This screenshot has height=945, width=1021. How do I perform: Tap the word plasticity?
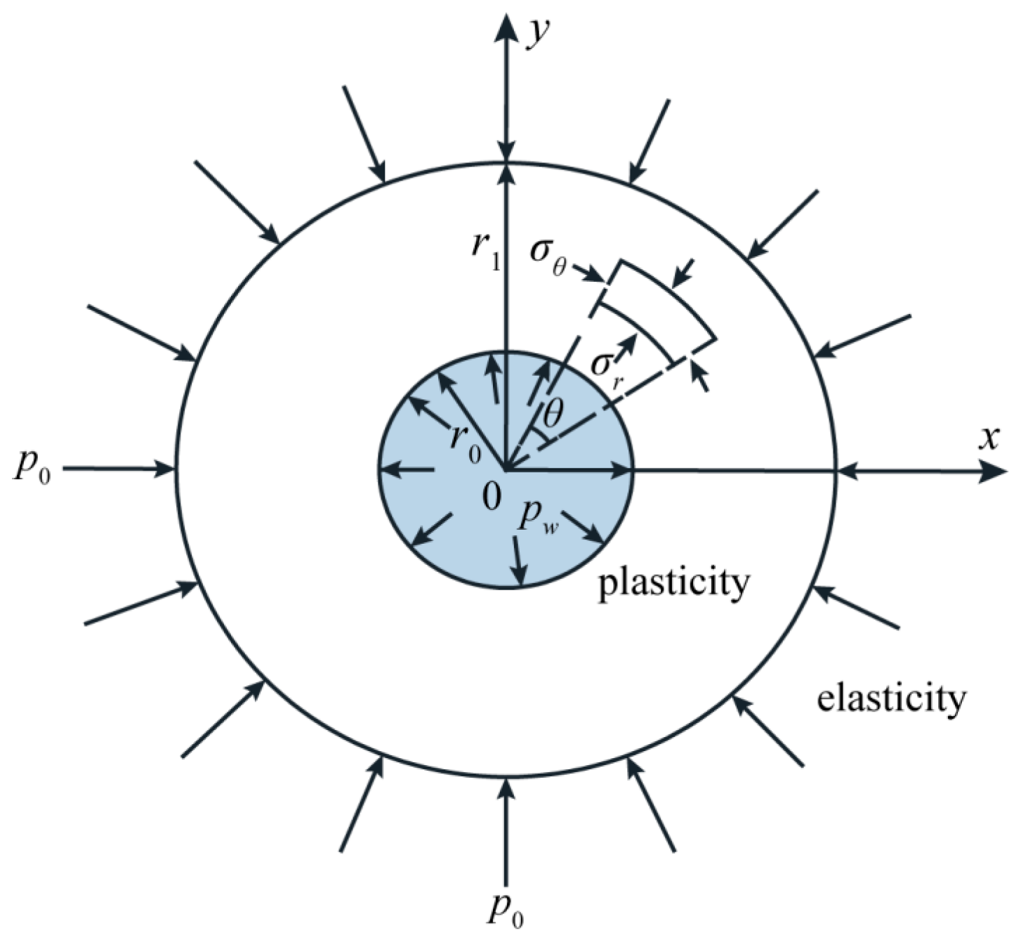(673, 582)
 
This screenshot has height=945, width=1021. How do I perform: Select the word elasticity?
(891, 698)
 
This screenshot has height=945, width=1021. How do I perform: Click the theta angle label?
(553, 416)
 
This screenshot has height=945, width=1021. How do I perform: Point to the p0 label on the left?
(32, 470)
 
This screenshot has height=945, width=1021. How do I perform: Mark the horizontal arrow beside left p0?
(119, 469)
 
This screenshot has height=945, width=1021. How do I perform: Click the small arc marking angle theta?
(543, 438)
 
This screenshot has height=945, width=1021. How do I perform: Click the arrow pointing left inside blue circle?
(407, 470)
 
